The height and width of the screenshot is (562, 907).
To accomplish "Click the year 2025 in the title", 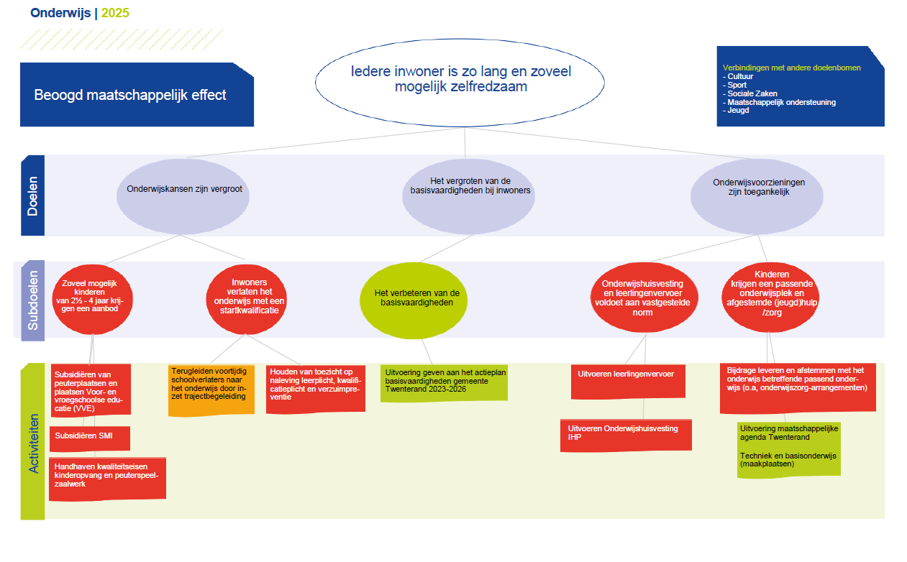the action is coord(115,13).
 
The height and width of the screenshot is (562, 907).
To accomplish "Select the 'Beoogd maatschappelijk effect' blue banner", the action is coord(137,95).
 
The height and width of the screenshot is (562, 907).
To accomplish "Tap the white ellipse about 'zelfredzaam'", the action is coord(460,83).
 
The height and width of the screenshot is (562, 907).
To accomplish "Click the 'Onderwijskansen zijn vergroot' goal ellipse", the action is coord(183,196).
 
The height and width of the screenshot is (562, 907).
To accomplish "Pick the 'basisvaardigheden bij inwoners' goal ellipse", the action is coord(468,196).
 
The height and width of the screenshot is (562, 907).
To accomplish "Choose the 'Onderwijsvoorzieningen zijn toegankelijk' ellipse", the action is coord(757,196).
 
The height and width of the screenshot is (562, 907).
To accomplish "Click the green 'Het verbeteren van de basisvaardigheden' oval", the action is coord(414,300).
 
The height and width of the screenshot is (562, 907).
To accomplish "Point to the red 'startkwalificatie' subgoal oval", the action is coord(247,300).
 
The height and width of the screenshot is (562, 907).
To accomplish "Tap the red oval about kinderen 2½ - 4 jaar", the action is coord(92,300).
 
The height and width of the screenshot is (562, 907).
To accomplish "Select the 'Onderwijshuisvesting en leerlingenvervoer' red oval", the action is coord(644,298).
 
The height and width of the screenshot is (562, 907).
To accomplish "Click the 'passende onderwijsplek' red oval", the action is coord(770,298).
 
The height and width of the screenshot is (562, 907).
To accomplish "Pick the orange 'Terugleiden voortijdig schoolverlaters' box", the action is coord(211,390).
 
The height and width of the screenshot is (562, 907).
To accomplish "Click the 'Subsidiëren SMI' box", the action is coord(90,438).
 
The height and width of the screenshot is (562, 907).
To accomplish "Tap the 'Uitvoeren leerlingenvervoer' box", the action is coord(628,382).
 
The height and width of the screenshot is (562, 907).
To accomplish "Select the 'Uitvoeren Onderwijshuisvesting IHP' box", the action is coord(626,435).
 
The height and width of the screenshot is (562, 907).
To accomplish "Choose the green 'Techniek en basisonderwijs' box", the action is coord(789,450).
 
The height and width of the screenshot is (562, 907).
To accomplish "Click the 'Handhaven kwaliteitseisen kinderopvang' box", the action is coord(107,479).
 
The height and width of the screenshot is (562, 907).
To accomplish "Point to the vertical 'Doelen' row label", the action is coord(32,195).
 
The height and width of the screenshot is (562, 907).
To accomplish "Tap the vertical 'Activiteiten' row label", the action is coord(33,441).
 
